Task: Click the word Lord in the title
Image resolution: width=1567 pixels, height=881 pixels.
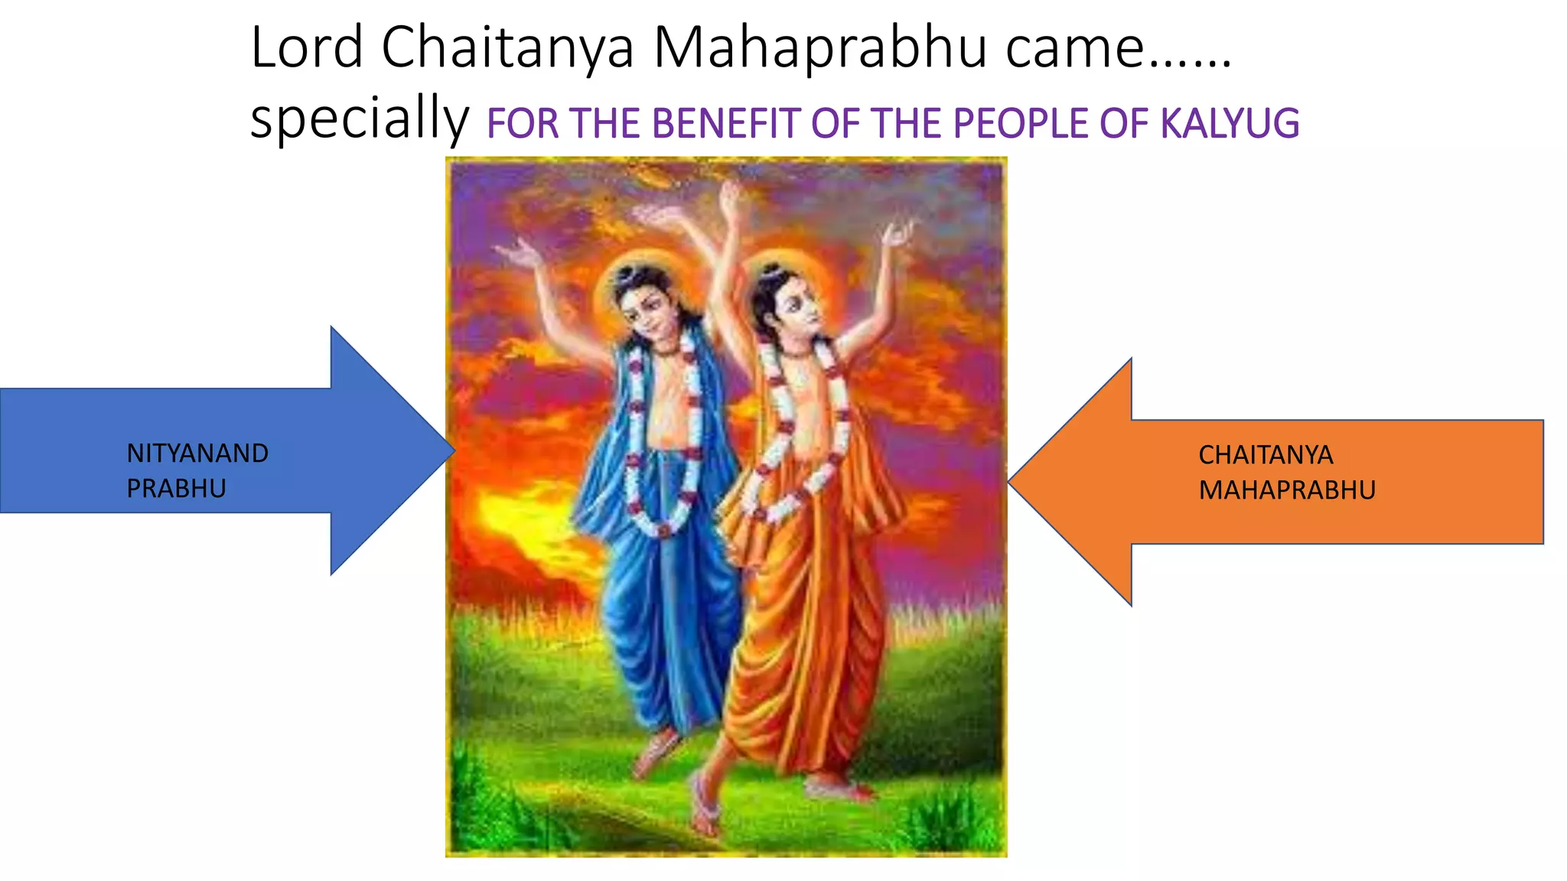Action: coord(307,48)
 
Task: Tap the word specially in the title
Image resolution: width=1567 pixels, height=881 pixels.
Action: coord(360,119)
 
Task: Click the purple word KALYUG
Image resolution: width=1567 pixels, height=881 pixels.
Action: coord(1230,124)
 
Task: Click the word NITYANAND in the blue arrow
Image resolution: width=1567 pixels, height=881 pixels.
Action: coord(197,454)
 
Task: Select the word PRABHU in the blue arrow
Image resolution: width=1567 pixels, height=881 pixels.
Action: coord(176,489)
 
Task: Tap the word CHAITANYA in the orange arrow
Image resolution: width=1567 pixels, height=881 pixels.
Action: coord(1266,455)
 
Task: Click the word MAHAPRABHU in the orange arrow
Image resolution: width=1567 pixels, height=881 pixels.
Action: coord(1287,490)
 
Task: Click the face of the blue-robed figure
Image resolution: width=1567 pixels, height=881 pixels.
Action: coord(644,310)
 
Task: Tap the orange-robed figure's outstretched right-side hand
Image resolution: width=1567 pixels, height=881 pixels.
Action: coord(897,233)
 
